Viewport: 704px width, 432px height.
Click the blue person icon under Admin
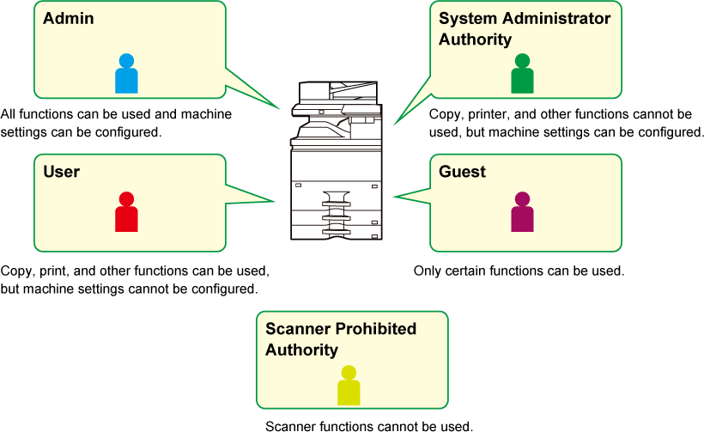[x=126, y=74]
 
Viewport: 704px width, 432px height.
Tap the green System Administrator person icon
[x=522, y=74]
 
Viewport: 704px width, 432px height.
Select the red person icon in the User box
[x=126, y=212]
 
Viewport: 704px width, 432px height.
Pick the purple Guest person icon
[x=522, y=212]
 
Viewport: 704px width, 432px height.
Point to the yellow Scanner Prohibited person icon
[x=349, y=386]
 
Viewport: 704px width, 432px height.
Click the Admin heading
[x=69, y=18]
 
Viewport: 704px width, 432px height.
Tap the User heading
[x=62, y=172]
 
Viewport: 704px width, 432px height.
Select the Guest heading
[x=462, y=172]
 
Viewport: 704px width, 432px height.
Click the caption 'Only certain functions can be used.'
[x=519, y=271]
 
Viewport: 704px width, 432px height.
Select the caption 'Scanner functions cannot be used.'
[x=369, y=426]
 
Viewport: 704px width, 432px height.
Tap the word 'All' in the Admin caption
[x=8, y=114]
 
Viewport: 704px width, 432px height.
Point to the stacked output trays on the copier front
[x=337, y=214]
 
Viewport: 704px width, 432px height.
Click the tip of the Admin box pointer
[x=280, y=109]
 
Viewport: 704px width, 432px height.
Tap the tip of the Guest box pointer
[x=393, y=196]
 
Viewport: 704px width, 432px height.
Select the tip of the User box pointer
[x=275, y=201]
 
